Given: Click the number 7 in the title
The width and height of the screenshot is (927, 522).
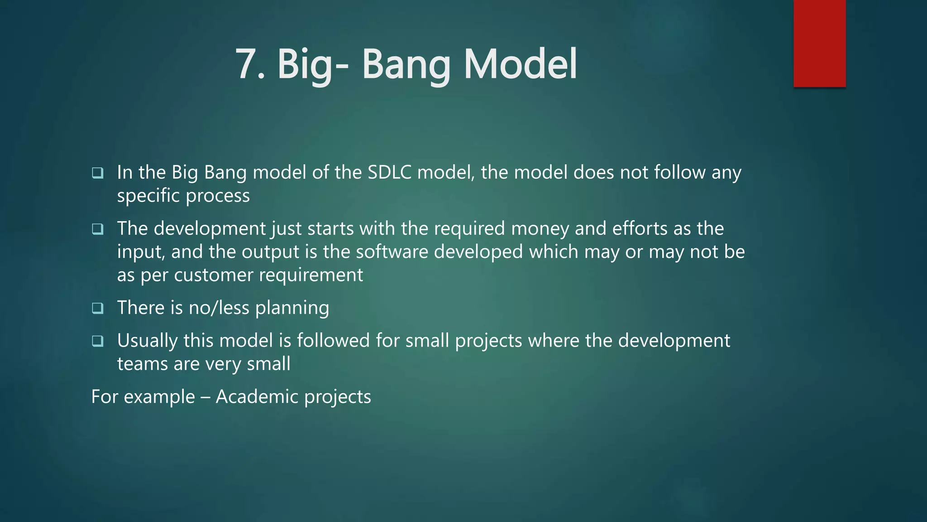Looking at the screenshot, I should [x=248, y=64].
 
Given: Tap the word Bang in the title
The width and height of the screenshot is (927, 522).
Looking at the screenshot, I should [x=406, y=64].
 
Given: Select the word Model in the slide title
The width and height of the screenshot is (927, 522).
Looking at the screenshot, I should [x=521, y=64].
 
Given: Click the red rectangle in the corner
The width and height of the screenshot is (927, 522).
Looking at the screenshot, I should [x=819, y=43].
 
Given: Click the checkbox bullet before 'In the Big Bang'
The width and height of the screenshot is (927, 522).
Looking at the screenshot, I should [x=97, y=173].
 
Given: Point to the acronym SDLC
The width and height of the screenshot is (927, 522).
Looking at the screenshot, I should [x=389, y=173].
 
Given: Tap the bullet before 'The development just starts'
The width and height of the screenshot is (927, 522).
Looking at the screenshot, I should [x=97, y=229].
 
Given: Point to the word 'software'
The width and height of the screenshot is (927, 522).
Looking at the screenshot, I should [x=392, y=252].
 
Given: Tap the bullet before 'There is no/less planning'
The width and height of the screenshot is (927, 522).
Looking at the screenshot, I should [x=97, y=308].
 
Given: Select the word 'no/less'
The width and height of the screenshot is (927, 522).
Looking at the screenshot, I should [x=219, y=308].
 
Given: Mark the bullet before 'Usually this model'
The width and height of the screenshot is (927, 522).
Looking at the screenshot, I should [x=97, y=341].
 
